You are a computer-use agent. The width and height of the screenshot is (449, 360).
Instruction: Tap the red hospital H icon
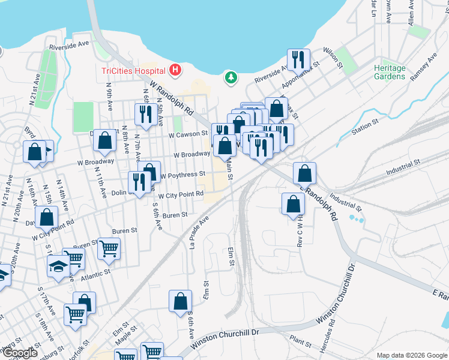tap(175, 71)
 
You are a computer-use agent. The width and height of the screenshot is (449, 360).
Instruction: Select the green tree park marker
tap(230, 77)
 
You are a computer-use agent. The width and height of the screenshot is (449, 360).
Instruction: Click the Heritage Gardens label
tap(390, 72)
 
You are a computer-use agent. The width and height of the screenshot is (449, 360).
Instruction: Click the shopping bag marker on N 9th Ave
tap(105, 141)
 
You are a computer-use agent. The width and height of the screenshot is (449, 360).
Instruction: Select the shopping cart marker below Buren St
tap(109, 248)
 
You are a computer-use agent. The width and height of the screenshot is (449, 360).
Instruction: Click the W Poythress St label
tap(182, 175)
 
